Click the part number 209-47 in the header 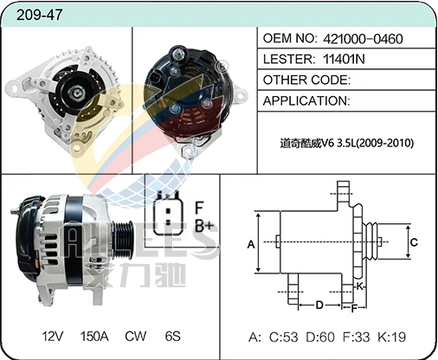(x=39, y=15)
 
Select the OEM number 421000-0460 (x=363, y=39)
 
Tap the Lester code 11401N (x=344, y=59)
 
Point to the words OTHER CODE (x=306, y=80)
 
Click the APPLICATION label (x=306, y=101)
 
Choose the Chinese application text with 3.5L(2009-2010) (x=347, y=143)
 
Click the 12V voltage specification (x=52, y=337)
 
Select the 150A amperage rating (x=94, y=337)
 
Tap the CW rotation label (x=136, y=337)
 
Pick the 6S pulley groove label (x=172, y=337)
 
